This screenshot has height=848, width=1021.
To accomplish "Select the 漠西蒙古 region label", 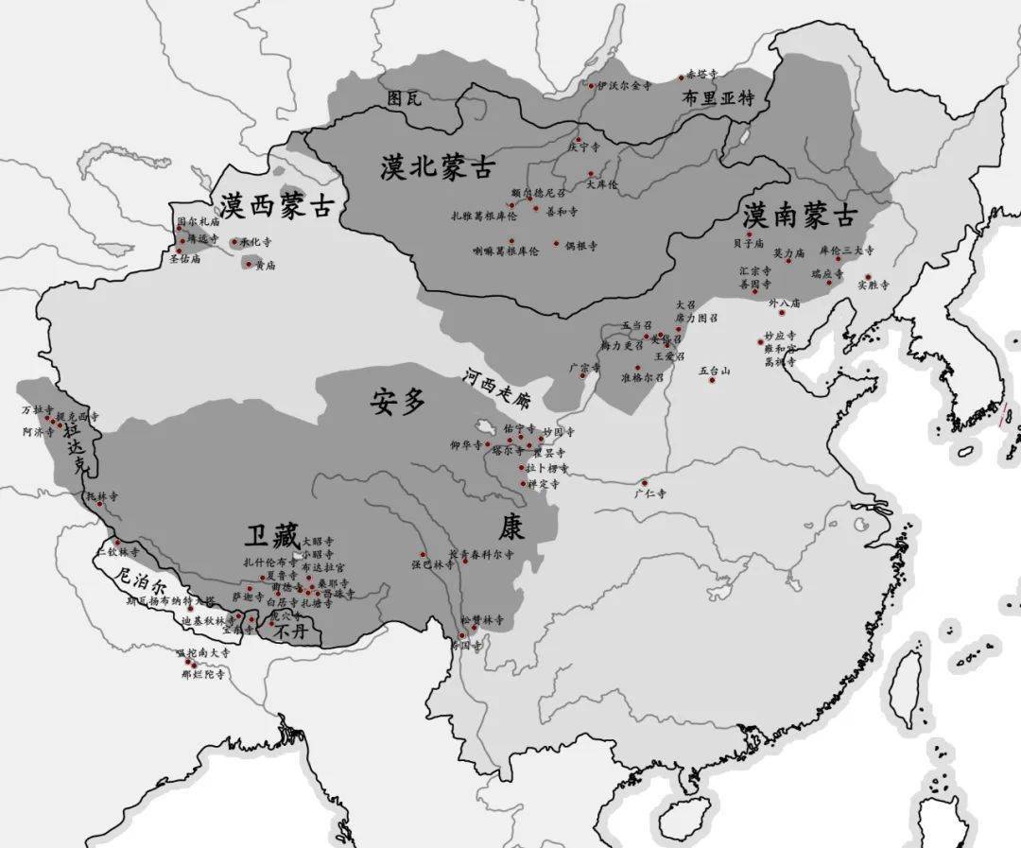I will (x=277, y=205).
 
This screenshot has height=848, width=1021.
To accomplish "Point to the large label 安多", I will (x=398, y=402).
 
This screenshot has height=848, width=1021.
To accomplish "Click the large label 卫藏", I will (x=271, y=537).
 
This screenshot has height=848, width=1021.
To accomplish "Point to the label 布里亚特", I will (x=719, y=97).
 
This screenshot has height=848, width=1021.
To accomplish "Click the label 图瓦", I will (x=404, y=97).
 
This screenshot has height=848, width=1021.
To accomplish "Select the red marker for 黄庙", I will (x=249, y=265).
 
